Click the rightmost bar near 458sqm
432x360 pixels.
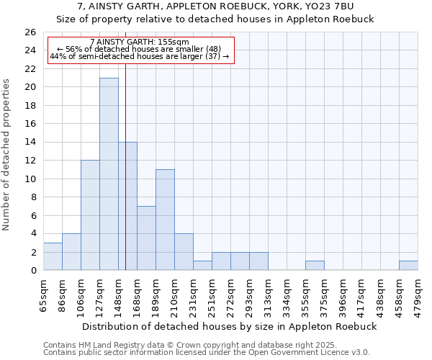[x=408, y=266]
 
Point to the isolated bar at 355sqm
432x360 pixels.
[x=315, y=266]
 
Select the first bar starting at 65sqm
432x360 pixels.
[x=53, y=256]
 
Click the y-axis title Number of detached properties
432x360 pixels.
[x=6, y=165]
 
